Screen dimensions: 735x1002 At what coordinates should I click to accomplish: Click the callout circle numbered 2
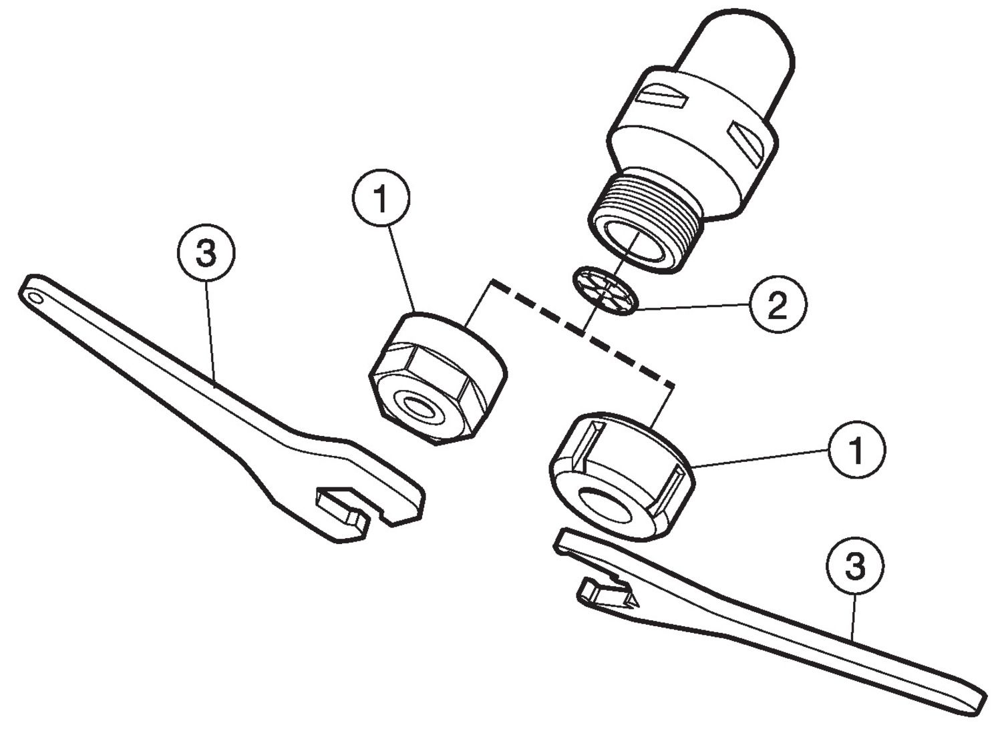tap(777, 304)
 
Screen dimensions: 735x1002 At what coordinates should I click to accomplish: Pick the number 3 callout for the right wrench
tap(855, 566)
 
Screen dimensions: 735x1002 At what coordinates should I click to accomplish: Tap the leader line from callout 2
tap(695, 307)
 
